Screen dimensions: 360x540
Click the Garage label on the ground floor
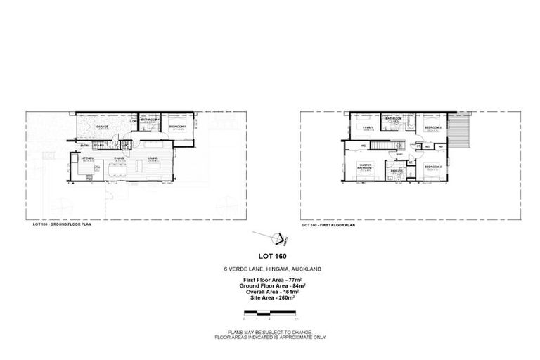click(x=103, y=127)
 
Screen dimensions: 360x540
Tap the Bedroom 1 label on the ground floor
click(x=177, y=127)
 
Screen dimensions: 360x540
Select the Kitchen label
click(x=88, y=160)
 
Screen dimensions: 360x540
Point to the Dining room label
click(x=120, y=160)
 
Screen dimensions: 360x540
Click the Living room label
click(x=153, y=160)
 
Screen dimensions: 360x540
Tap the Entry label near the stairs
click(x=84, y=146)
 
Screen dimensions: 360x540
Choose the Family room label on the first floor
click(x=367, y=127)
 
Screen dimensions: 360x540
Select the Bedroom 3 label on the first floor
click(x=432, y=167)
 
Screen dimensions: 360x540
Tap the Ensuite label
click(x=397, y=169)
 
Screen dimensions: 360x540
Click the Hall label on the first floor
click(x=400, y=154)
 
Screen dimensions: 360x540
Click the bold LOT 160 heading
click(x=271, y=256)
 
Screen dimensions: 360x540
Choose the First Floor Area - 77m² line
click(x=271, y=281)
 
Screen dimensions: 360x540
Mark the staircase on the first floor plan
click(x=383, y=146)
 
